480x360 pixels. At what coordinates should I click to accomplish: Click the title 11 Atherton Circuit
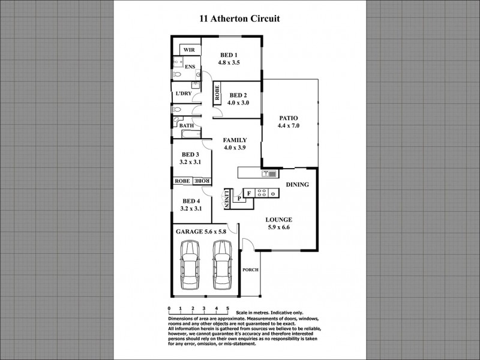239,19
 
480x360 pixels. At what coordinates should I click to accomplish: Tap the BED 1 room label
229,55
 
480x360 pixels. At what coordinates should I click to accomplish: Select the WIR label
188,50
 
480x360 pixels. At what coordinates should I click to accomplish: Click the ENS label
190,67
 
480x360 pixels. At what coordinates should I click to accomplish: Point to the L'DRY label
183,94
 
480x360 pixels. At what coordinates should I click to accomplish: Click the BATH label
187,125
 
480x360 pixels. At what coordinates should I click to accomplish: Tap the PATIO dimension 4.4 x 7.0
288,126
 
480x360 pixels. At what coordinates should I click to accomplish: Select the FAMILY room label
235,140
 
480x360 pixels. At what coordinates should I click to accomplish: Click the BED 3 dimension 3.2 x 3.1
190,161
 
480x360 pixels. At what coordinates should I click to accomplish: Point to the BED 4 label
190,201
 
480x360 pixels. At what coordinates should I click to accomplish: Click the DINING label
297,185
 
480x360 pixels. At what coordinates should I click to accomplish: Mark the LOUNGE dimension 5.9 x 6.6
279,227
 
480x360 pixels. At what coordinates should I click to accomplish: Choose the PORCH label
250,270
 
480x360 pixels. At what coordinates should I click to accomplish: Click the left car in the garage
190,267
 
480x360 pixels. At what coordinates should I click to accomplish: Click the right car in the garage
222,267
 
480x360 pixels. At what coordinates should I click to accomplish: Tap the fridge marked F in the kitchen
248,193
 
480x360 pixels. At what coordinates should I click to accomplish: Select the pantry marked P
239,197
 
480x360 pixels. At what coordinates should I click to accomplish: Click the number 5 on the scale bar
227,308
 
